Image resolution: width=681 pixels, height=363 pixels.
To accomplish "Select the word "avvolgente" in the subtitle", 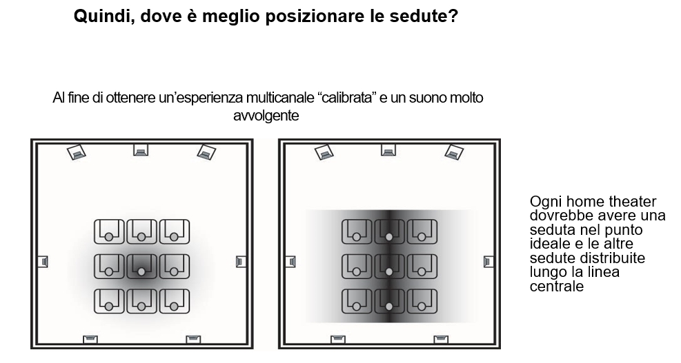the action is [x=266, y=116].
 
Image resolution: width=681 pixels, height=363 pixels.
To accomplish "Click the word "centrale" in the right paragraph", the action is [x=556, y=287].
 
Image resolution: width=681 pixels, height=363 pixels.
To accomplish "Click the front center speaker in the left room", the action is [x=141, y=150].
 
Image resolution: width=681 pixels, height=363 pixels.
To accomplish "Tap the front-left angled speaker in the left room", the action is [x=77, y=152].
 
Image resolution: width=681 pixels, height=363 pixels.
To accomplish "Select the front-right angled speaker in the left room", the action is [x=206, y=152].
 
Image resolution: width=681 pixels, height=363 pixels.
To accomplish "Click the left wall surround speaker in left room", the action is [x=43, y=262].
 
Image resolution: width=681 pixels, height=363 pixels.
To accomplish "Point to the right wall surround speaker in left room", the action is [x=241, y=262].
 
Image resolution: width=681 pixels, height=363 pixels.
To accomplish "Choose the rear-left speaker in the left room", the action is [x=90, y=339].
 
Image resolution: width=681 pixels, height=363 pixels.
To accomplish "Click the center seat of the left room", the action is [x=141, y=267].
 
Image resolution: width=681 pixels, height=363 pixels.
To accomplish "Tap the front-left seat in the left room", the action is [x=109, y=231].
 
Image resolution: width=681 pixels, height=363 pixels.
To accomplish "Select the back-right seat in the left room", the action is [x=174, y=301].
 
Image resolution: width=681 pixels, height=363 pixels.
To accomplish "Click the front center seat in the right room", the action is [x=389, y=231].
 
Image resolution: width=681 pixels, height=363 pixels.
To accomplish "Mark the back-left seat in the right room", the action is [x=357, y=301].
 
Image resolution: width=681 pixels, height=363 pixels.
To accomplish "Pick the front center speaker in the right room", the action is [x=388, y=150].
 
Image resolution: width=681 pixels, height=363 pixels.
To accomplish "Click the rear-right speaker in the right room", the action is [x=441, y=339].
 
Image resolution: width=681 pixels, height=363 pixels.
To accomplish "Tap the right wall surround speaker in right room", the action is [x=488, y=262].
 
